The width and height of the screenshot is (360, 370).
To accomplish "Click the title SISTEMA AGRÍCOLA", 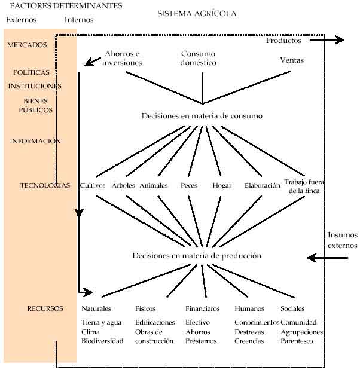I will (197, 13).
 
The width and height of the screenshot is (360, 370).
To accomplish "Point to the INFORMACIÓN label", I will (35, 141).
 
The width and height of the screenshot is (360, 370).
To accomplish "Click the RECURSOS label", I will (45, 308).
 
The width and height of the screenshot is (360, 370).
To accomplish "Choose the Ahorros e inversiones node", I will (122, 58).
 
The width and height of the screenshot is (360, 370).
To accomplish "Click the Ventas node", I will (292, 60).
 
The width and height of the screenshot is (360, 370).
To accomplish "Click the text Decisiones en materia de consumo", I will (202, 115).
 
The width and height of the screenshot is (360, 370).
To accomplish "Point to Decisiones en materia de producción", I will (197, 255).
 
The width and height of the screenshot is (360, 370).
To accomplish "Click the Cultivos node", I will (93, 185).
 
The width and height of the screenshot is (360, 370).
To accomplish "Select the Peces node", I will (189, 185).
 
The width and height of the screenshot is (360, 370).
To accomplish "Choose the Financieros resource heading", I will (202, 308).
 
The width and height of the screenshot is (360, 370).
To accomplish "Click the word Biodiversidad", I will (102, 341).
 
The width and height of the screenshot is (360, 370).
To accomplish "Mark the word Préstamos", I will (201, 341).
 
